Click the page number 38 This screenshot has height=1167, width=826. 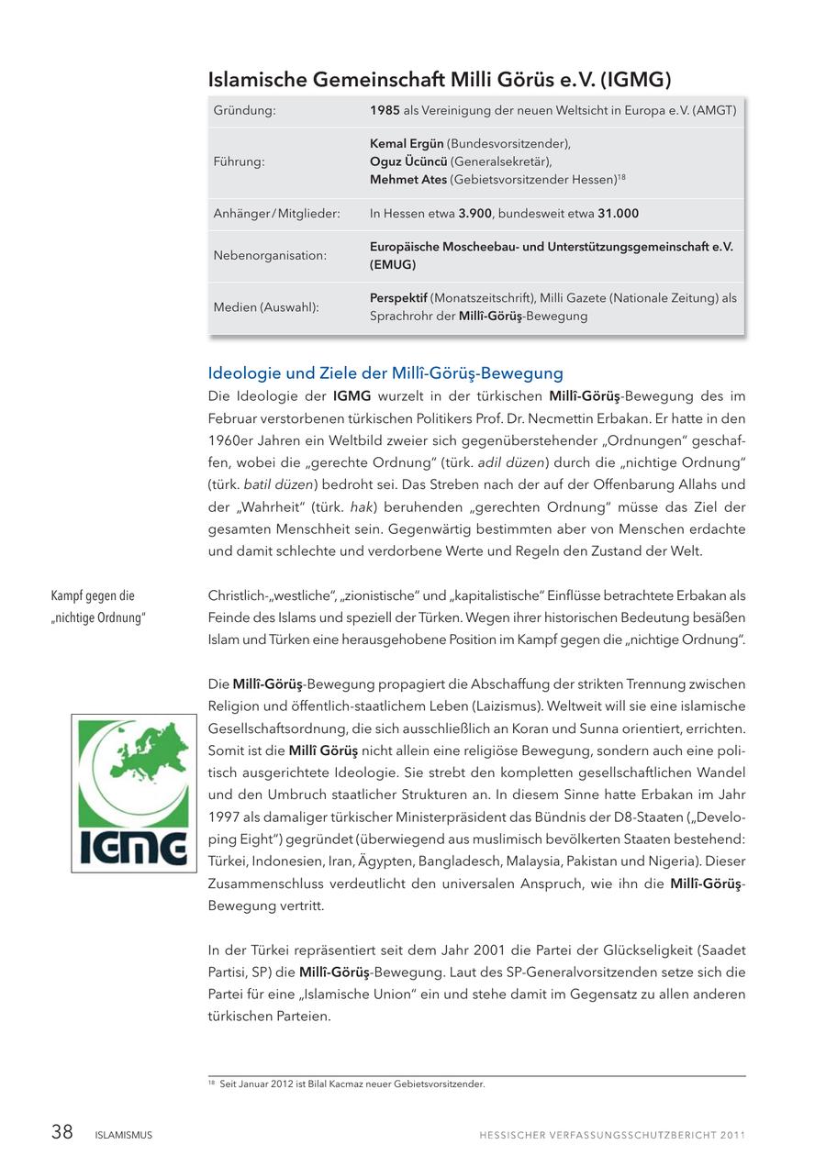click(x=61, y=1132)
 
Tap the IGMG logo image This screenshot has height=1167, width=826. click(x=134, y=793)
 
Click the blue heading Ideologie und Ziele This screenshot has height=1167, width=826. click(x=385, y=373)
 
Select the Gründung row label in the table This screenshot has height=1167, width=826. click(x=244, y=110)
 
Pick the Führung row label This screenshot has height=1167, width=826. click(x=239, y=161)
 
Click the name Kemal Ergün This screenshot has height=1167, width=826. click(x=407, y=144)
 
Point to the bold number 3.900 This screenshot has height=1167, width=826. click(x=474, y=214)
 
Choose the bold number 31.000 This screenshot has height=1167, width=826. click(x=618, y=214)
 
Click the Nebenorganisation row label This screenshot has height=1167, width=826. click(x=270, y=256)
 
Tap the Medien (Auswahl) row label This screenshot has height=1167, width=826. click(x=266, y=307)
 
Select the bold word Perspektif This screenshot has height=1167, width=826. click(x=398, y=298)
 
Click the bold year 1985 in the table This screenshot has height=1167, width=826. click(x=384, y=110)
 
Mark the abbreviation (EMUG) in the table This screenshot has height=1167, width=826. click(x=393, y=265)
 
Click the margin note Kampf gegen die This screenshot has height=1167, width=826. click(x=93, y=596)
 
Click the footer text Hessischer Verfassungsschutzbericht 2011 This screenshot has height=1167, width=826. click(x=612, y=1135)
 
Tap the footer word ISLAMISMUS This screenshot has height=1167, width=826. click(x=124, y=1135)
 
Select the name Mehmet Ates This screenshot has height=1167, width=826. click(x=408, y=180)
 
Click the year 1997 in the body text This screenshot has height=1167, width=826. click(x=225, y=817)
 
